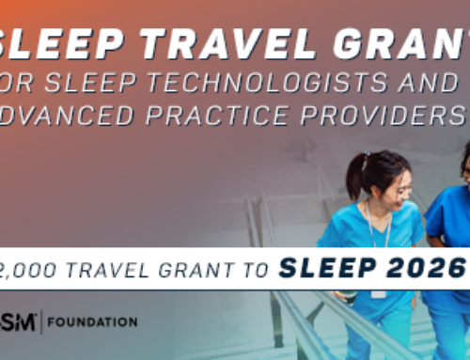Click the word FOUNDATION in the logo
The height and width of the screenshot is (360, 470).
click(95, 322)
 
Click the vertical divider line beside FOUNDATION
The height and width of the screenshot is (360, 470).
click(45, 322)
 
